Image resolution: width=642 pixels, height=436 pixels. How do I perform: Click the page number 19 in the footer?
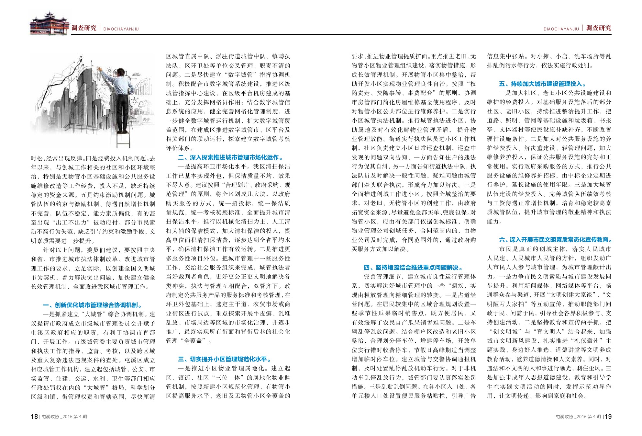(608, 417)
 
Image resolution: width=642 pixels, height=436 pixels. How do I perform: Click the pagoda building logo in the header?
(50, 23)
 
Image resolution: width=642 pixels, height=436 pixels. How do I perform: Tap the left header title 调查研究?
(84, 28)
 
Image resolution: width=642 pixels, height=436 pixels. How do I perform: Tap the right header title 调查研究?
(599, 28)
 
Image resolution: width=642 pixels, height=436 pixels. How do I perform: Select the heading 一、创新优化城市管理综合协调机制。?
(93, 305)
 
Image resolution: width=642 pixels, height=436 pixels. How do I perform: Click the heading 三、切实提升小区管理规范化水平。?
(225, 359)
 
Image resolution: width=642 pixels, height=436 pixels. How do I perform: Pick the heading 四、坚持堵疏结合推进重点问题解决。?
(413, 268)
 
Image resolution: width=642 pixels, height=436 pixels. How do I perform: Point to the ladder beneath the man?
(123, 139)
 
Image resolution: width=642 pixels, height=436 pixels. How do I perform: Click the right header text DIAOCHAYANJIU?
(561, 29)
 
